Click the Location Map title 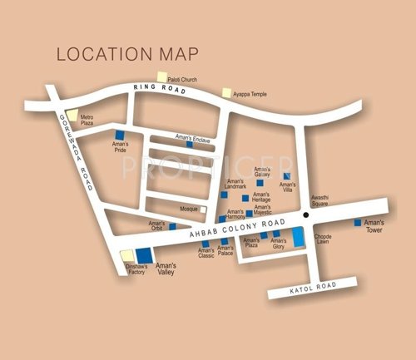click(x=127, y=54)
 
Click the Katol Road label click(x=311, y=287)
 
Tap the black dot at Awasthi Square click(x=306, y=215)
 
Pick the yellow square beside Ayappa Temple click(x=226, y=94)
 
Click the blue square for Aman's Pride click(x=119, y=135)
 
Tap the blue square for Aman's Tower click(x=358, y=223)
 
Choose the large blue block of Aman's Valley click(x=144, y=255)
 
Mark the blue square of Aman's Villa click(x=286, y=176)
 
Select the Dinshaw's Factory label click(x=136, y=269)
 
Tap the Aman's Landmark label click(x=235, y=185)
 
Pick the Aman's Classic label click(x=206, y=253)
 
